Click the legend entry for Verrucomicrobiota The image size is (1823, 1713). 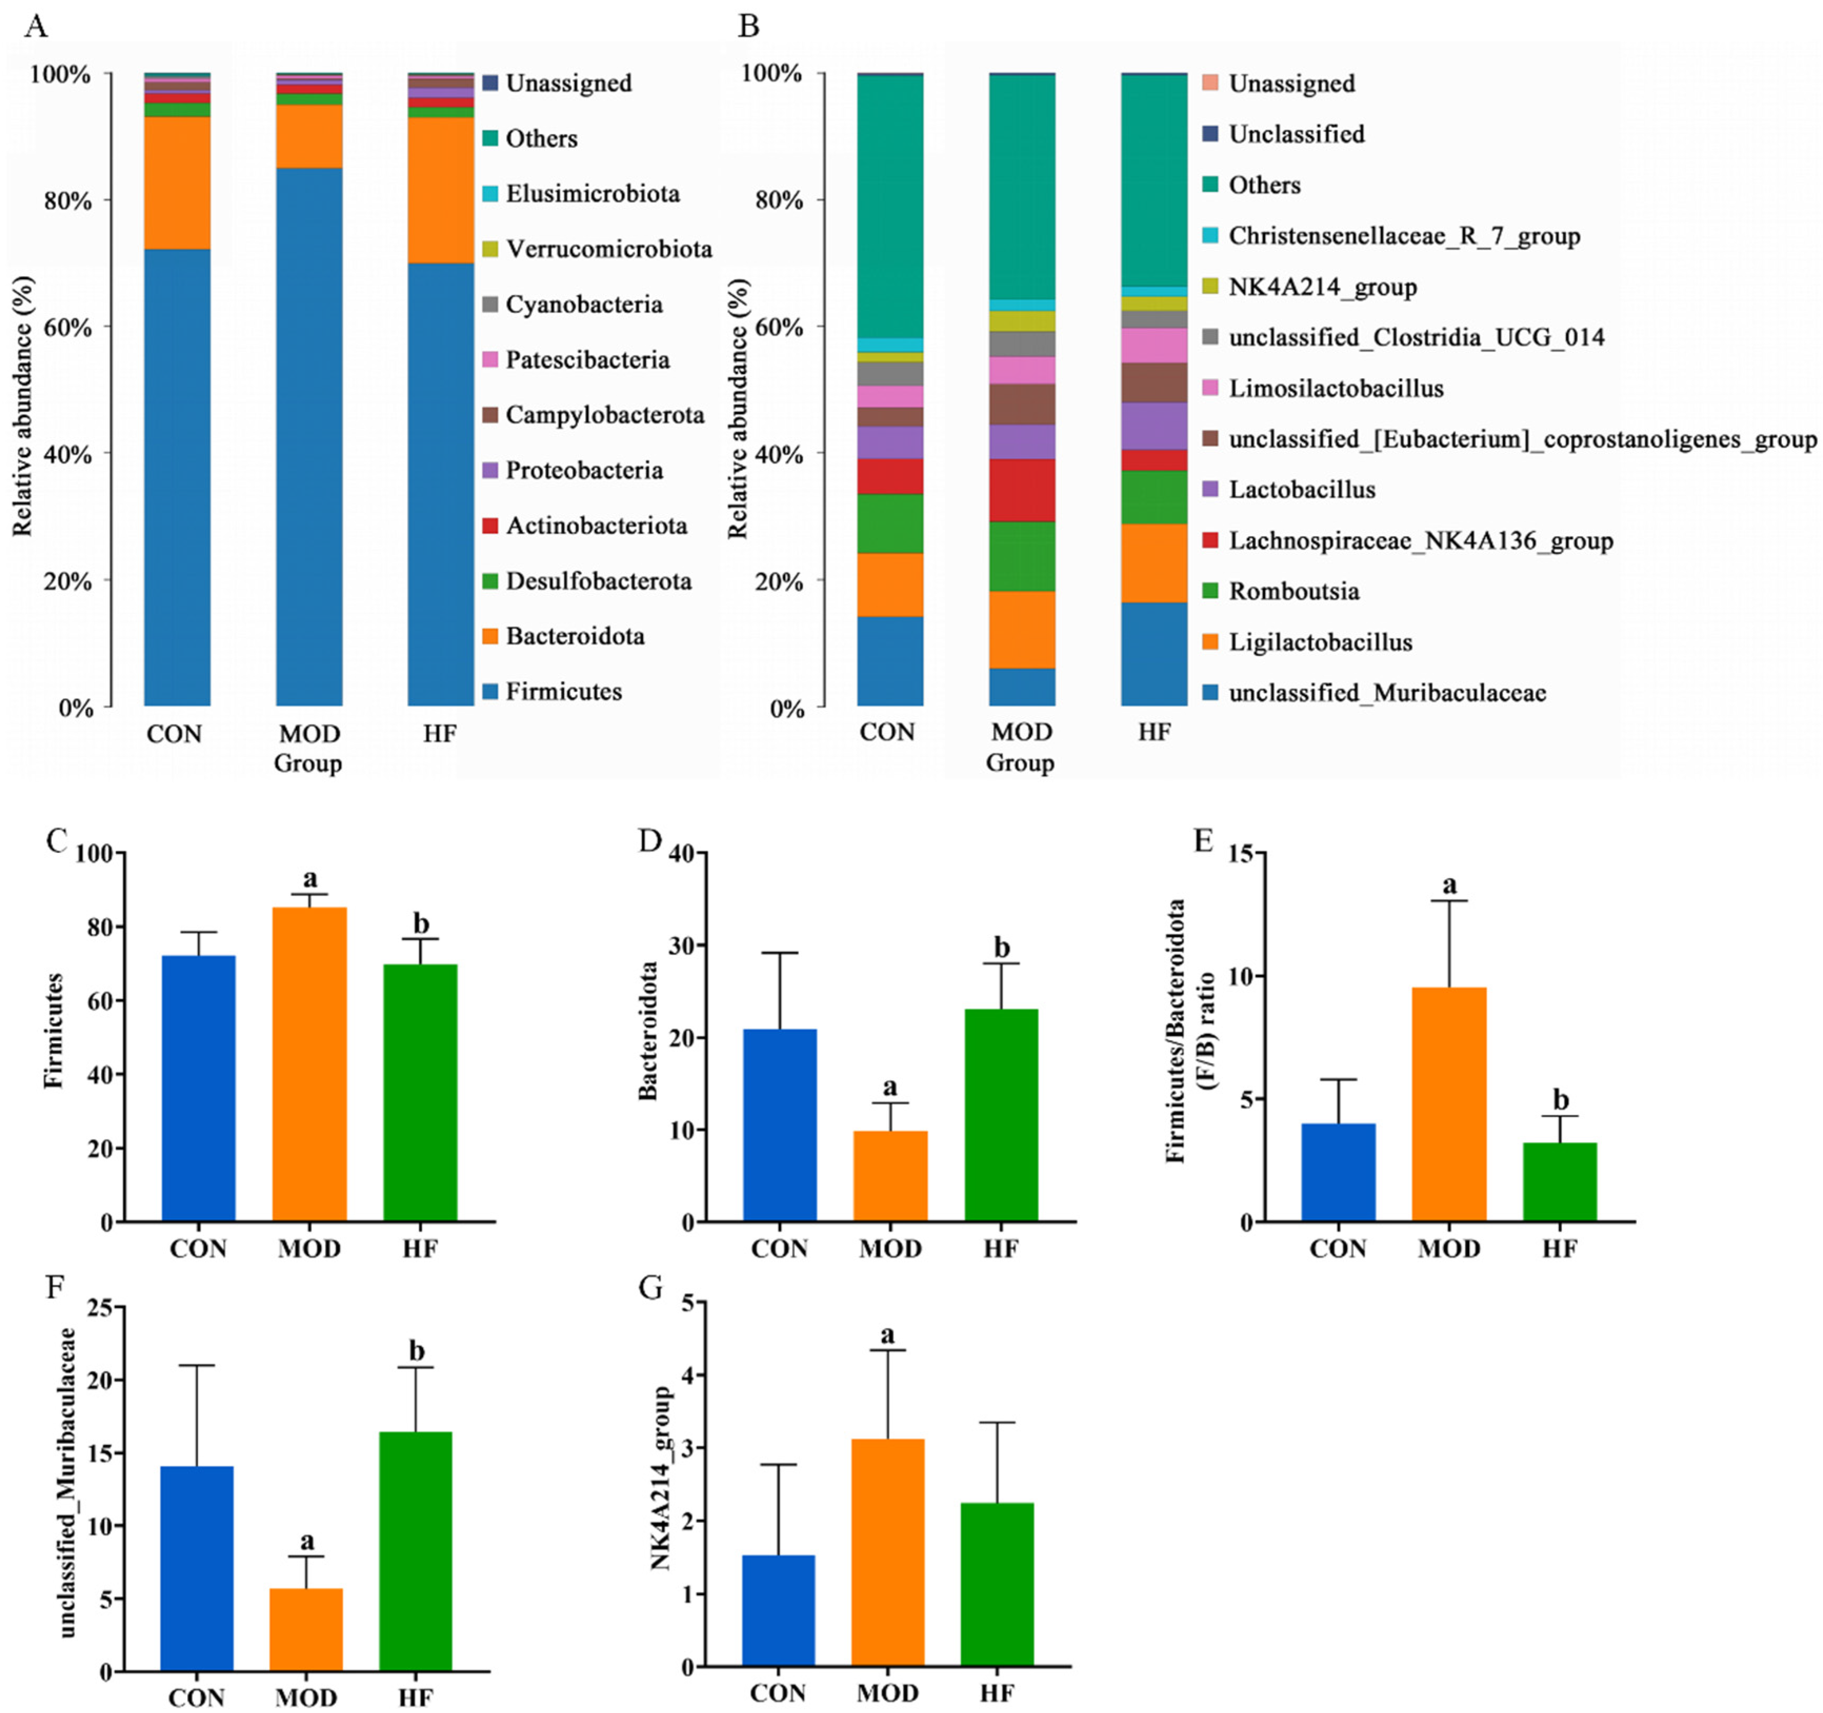click(608, 248)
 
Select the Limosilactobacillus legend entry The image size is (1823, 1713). click(1335, 388)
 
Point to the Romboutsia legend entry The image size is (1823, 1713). click(1293, 591)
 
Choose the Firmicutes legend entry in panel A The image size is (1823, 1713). click(563, 691)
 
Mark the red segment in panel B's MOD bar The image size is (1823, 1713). click(1022, 490)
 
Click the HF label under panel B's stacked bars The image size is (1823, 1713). click(1154, 732)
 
